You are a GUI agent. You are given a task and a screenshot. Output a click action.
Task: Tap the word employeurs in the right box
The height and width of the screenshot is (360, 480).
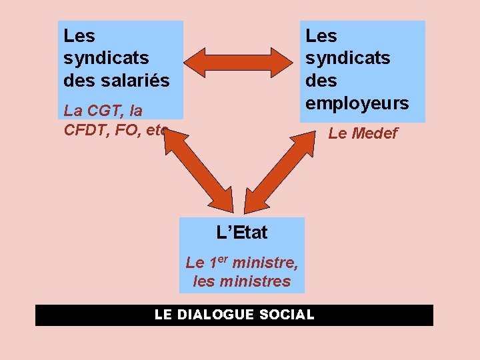(357, 103)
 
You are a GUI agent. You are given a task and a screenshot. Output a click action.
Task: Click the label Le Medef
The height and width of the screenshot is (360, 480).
(363, 133)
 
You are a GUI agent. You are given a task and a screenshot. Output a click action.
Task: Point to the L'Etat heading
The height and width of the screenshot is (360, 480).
(241, 233)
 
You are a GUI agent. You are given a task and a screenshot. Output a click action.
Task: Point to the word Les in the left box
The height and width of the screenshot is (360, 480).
(79, 35)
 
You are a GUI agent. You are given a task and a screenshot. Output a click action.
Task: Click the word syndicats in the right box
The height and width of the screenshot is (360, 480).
(347, 58)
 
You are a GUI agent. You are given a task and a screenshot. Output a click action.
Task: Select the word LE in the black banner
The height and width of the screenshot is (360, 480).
(163, 315)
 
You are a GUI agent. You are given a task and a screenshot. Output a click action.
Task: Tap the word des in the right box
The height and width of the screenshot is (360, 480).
(321, 81)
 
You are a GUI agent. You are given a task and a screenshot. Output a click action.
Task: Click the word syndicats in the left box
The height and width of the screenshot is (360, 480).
(105, 58)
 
